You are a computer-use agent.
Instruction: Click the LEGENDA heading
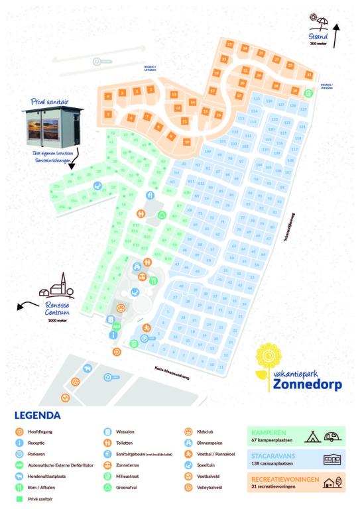(x=36, y=416)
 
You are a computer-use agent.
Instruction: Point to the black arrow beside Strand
(x=336, y=35)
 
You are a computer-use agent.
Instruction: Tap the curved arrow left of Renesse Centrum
(x=25, y=306)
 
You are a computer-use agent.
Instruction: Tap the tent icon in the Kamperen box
(x=312, y=435)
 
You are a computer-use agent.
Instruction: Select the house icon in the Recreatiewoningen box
(x=330, y=484)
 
